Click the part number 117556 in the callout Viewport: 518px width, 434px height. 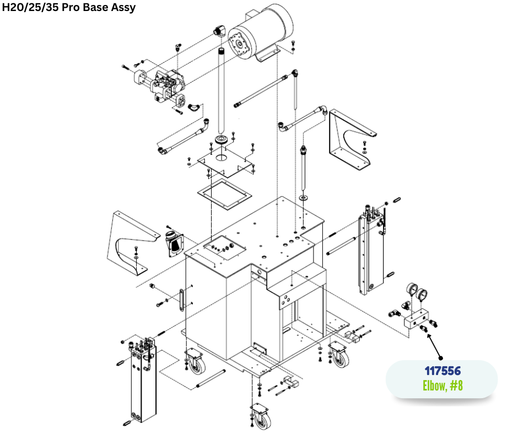click(x=443, y=371)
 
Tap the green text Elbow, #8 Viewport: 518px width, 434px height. click(x=443, y=386)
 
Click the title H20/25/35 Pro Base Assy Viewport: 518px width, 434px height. click(x=69, y=7)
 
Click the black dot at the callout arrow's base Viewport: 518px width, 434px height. click(x=440, y=358)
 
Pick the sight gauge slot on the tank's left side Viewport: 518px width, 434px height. click(x=181, y=300)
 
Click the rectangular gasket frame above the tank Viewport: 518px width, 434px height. click(x=225, y=194)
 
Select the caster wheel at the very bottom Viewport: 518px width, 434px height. click(x=261, y=416)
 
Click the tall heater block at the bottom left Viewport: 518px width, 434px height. click(x=143, y=380)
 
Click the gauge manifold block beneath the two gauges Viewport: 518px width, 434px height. click(x=416, y=319)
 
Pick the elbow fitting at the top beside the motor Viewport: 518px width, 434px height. click(x=219, y=31)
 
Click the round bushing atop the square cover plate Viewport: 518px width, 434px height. click(x=222, y=139)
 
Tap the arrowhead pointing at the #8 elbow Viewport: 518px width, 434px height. click(x=429, y=336)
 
